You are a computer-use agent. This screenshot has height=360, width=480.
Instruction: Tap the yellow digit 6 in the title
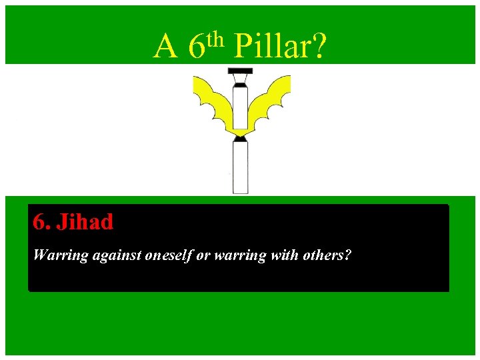[x=196, y=47]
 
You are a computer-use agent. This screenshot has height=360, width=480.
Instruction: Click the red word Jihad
[x=85, y=222]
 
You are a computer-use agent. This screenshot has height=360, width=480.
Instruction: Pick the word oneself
[x=169, y=255]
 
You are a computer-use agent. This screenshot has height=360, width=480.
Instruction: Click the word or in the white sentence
[x=203, y=255]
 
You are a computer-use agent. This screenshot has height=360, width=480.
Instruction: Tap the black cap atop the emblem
[x=240, y=71]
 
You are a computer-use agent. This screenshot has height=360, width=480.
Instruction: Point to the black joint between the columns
[x=240, y=137]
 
